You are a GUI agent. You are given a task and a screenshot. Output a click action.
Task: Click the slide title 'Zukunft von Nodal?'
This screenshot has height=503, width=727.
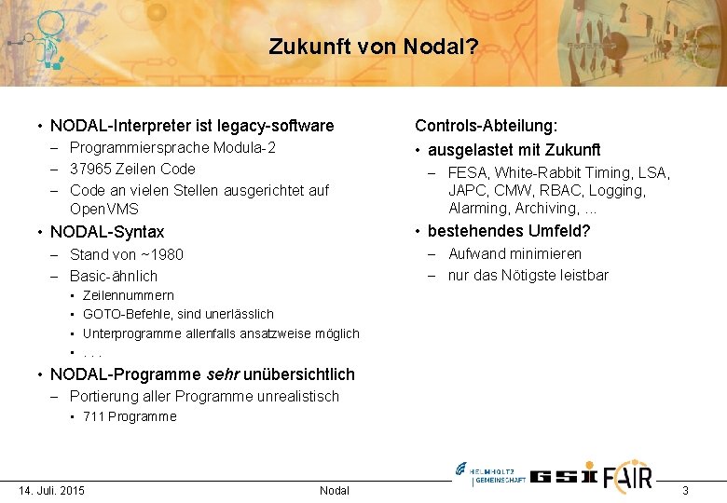click(373, 47)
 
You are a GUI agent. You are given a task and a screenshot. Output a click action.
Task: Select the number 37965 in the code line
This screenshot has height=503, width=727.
click(90, 169)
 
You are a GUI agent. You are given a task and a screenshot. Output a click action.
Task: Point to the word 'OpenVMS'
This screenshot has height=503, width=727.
click(105, 210)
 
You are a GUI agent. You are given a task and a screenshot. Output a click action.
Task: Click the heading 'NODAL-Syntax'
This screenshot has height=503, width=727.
click(107, 232)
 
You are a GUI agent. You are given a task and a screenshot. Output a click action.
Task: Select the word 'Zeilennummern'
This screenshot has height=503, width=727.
click(129, 295)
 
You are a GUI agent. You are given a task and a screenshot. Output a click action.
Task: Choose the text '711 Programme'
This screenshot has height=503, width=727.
click(130, 416)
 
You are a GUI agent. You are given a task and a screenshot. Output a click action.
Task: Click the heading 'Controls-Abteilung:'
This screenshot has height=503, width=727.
click(487, 126)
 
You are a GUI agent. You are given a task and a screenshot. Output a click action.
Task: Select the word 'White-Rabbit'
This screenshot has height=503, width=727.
click(539, 172)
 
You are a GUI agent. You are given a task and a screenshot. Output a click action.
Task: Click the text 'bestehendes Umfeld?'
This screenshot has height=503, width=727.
click(509, 231)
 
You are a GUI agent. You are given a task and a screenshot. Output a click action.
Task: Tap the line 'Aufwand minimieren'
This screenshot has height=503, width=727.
click(514, 253)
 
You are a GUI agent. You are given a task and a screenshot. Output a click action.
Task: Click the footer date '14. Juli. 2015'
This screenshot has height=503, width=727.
click(52, 490)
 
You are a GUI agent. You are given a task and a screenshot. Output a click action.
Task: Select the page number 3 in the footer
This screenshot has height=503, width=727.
click(685, 490)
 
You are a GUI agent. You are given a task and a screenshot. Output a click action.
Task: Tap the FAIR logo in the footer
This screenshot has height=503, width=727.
click(628, 475)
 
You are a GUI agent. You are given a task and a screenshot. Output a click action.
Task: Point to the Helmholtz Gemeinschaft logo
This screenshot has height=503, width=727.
click(490, 474)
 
